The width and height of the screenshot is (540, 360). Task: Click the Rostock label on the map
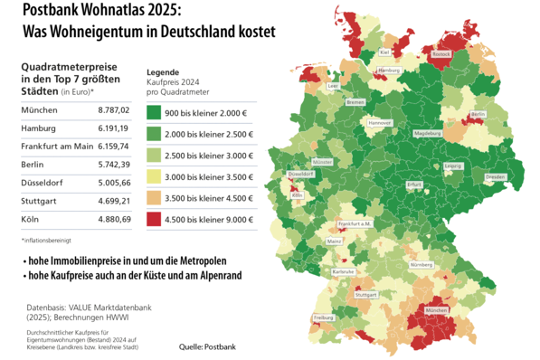(x=441, y=54)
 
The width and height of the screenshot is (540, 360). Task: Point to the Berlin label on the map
(x=478, y=114)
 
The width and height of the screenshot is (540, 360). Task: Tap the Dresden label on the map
(x=495, y=177)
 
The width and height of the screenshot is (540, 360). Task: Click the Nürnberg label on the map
(x=421, y=265)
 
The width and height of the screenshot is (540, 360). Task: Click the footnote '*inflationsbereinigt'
(x=44, y=240)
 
